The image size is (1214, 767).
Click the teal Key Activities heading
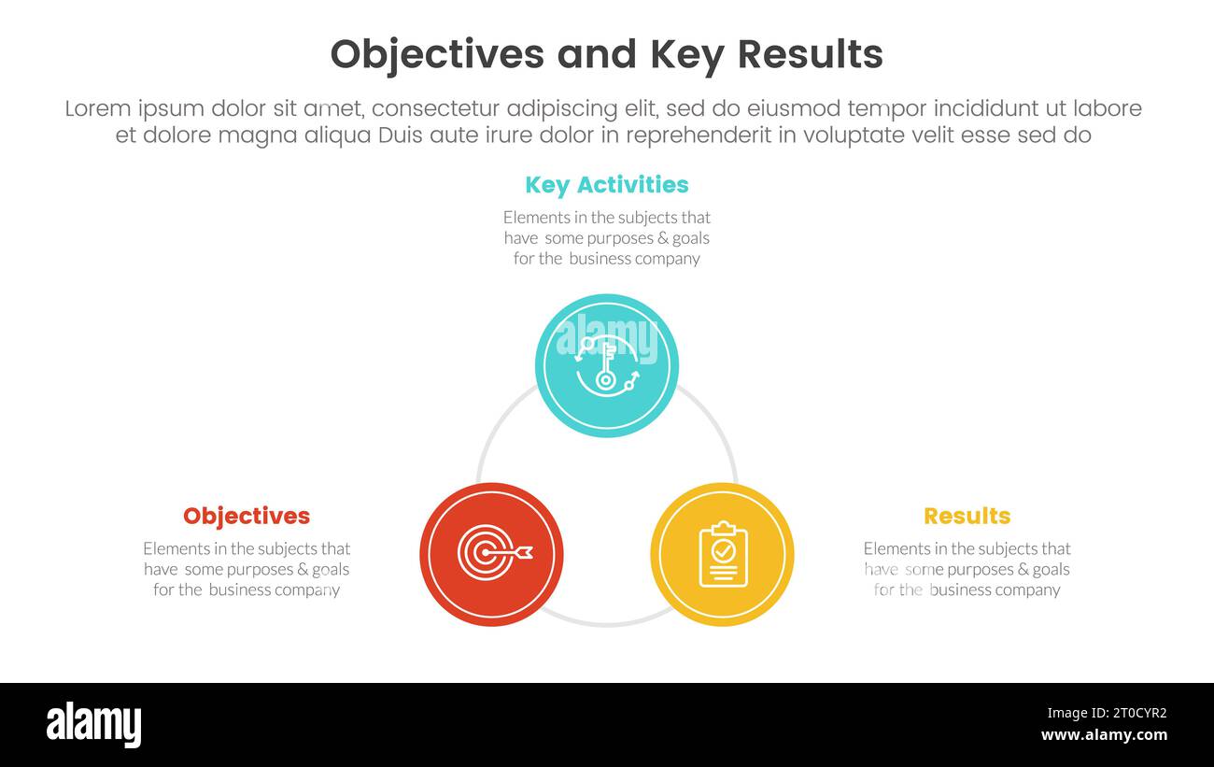tap(606, 185)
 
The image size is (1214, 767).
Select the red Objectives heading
tap(247, 516)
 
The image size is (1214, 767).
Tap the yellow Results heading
tap(967, 516)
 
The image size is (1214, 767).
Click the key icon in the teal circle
tap(607, 366)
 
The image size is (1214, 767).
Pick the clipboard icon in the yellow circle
tap(722, 554)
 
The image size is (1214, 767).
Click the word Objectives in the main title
tap(436, 55)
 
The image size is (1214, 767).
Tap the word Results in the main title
tap(810, 55)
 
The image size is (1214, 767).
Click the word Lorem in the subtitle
tap(97, 109)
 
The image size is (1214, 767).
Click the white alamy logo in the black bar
tap(93, 725)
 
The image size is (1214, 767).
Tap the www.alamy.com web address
tap(1104, 735)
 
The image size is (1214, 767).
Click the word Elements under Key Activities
tap(536, 218)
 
